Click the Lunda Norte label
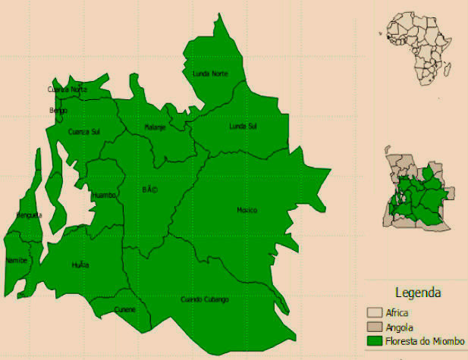pos(210,74)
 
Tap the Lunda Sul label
pos(243,127)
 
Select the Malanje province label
pos(155,127)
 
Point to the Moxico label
pos(247,210)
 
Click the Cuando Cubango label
pos(204,299)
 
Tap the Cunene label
pos(125,309)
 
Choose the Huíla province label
pos(80,265)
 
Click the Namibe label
pos(16,260)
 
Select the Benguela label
pos(29,215)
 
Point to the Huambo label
pos(104,196)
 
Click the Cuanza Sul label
pos(84,132)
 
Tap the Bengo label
pos(58,111)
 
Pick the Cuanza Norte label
pos(68,89)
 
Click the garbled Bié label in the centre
pos(149,189)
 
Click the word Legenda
pos(419,293)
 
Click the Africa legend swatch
pos(375,312)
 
